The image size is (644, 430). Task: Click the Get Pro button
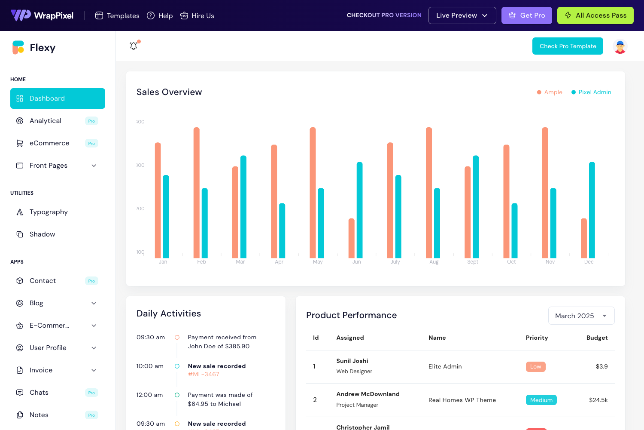[526, 15]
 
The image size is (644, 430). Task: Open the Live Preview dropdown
[462, 15]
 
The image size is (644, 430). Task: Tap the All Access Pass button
[595, 15]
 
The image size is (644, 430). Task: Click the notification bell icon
[134, 46]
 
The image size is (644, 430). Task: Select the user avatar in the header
[620, 46]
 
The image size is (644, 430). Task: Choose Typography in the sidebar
[49, 212]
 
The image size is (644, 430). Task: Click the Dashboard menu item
[58, 98]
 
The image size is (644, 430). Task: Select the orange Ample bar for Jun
[352, 238]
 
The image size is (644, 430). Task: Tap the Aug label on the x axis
[434, 262]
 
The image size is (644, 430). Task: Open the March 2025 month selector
[581, 316]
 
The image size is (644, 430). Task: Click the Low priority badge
[535, 367]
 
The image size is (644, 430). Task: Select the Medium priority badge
[541, 400]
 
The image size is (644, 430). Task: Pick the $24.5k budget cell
[598, 400]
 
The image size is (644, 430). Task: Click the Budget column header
[597, 338]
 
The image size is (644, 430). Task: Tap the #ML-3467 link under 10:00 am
[204, 375]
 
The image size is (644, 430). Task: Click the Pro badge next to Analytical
[91, 121]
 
